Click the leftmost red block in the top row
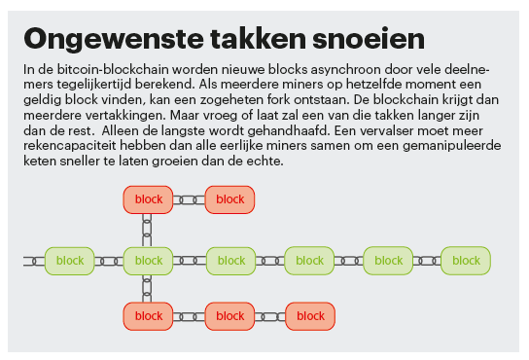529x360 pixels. [x=148, y=200]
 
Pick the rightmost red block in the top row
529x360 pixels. [x=229, y=200]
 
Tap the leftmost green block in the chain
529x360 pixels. [x=69, y=261]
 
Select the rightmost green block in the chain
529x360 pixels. [x=466, y=261]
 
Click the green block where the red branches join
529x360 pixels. [x=148, y=261]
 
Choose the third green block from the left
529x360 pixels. [x=230, y=261]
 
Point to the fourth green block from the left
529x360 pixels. [x=309, y=261]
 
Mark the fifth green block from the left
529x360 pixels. [x=388, y=261]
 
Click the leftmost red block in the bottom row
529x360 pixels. [x=148, y=316]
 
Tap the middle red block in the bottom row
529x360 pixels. [x=229, y=316]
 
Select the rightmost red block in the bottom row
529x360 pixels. [x=310, y=316]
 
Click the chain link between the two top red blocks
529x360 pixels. [x=189, y=200]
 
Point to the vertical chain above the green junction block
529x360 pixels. [x=148, y=231]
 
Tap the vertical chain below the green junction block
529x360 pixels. [x=148, y=289]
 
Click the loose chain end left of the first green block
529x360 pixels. [x=33, y=261]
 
